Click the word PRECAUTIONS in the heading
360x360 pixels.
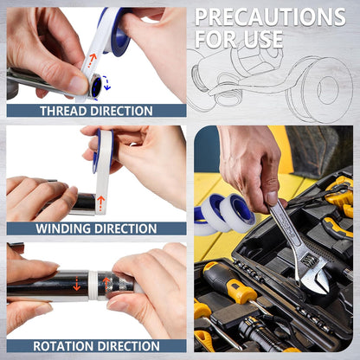coord(270,16)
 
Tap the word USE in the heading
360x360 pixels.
coord(259,39)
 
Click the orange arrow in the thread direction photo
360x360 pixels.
coord(92,61)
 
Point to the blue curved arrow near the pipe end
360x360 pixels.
coord(106,82)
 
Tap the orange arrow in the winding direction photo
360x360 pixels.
coord(100,203)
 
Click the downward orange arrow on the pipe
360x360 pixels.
coord(76,283)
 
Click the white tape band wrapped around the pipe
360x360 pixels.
coord(93,286)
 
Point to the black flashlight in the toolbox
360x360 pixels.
coord(266,334)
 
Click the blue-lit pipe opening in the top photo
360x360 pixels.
coord(96,86)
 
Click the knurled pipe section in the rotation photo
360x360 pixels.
coord(115,284)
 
